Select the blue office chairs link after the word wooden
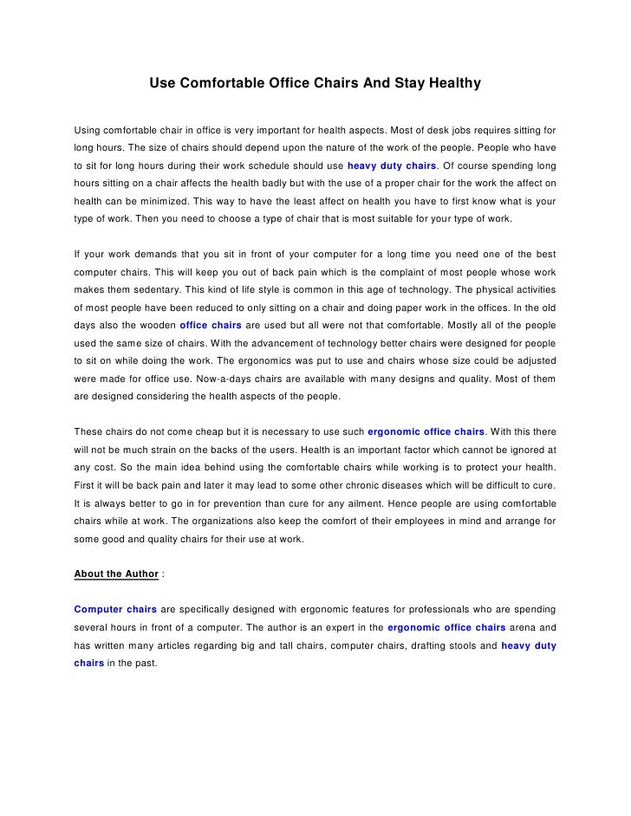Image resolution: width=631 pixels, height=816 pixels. [211, 326]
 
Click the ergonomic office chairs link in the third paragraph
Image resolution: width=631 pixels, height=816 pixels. [426, 431]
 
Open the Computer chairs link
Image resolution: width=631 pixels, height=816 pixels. [115, 608]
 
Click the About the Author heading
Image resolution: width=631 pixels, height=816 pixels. [116, 573]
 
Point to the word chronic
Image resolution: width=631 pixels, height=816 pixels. [381, 485]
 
